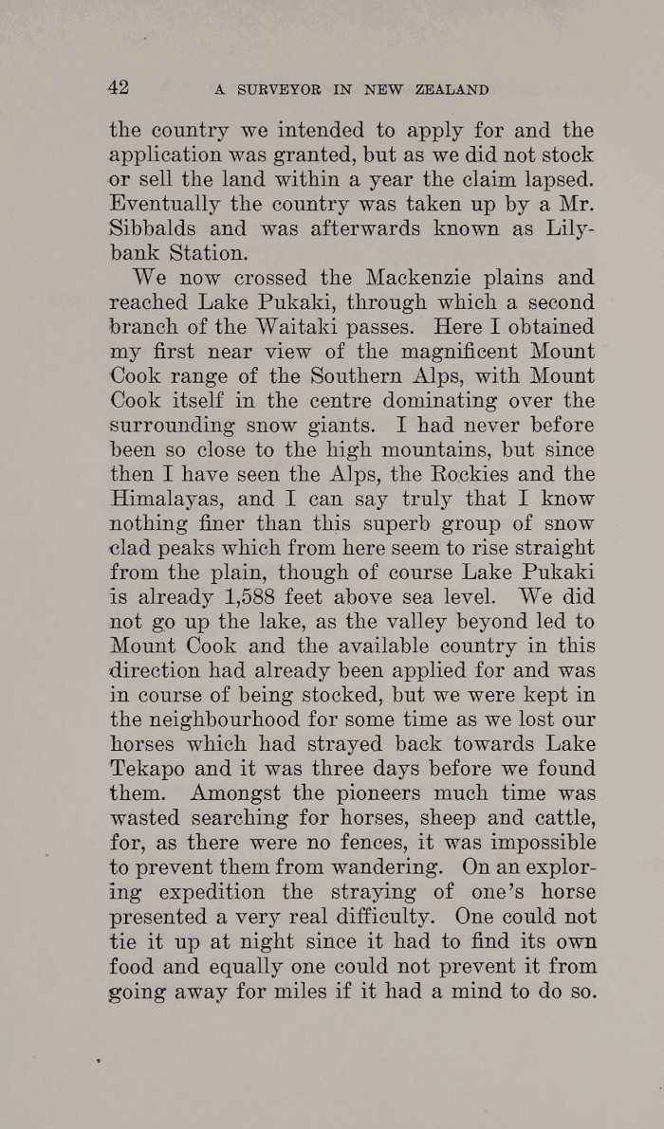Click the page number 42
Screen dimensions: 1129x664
119,88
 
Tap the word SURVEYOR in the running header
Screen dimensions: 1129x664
278,90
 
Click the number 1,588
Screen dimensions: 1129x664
256,597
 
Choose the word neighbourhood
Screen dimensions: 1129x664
228,719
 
